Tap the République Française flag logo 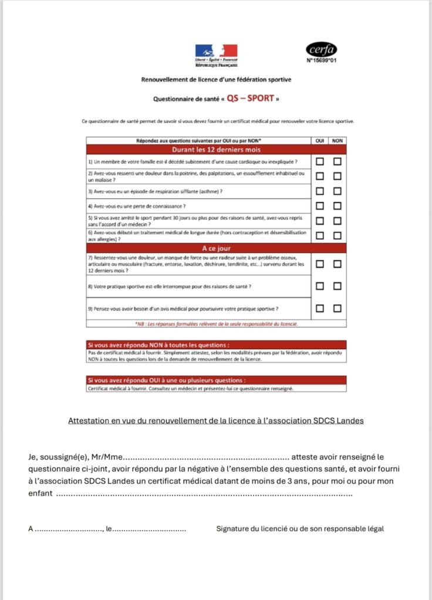(x=216, y=53)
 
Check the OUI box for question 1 (x=320, y=161)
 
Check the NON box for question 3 (x=338, y=191)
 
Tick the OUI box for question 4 (x=320, y=206)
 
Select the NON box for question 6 (x=338, y=236)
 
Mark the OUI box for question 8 (x=320, y=285)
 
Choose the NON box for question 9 (x=338, y=308)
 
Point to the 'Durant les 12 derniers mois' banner (x=216, y=149)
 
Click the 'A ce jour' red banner (x=216, y=248)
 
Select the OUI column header (x=320, y=141)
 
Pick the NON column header (x=338, y=141)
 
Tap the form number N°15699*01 (x=322, y=59)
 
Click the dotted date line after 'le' (x=149, y=529)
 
